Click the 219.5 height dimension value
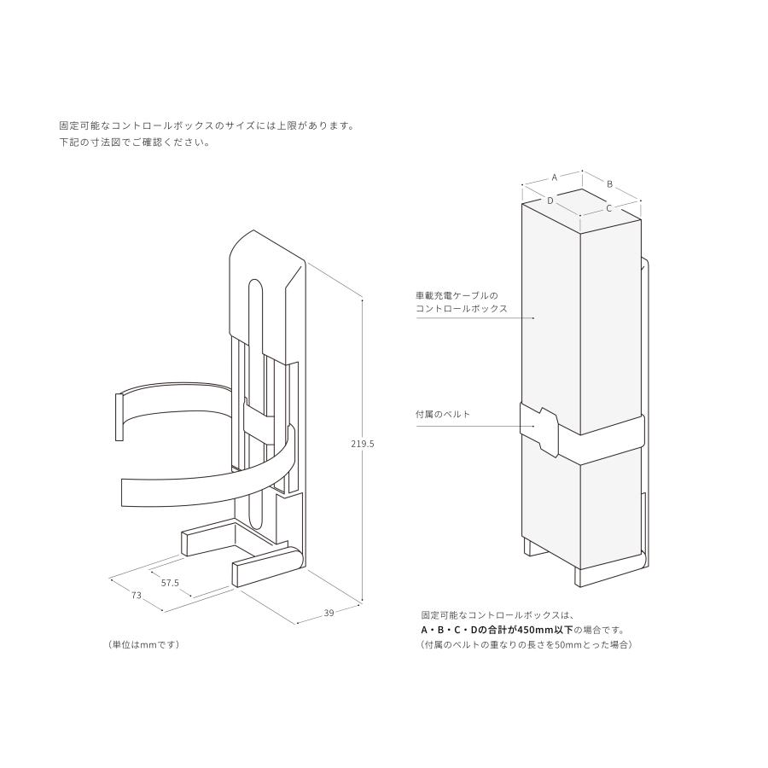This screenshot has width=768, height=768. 363,444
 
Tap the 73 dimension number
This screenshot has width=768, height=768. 137,596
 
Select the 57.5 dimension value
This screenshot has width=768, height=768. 170,583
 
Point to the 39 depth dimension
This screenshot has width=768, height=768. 329,612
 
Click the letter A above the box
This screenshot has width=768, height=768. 554,177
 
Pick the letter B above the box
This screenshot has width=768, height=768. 609,183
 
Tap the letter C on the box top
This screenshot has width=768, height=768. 608,207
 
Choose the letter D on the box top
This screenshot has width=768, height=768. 551,201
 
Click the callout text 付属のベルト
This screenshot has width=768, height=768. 443,415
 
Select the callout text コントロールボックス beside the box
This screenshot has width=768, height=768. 461,309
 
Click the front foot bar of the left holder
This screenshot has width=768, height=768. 267,567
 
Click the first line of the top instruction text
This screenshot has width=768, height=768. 206,125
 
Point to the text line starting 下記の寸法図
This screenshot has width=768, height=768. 134,143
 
